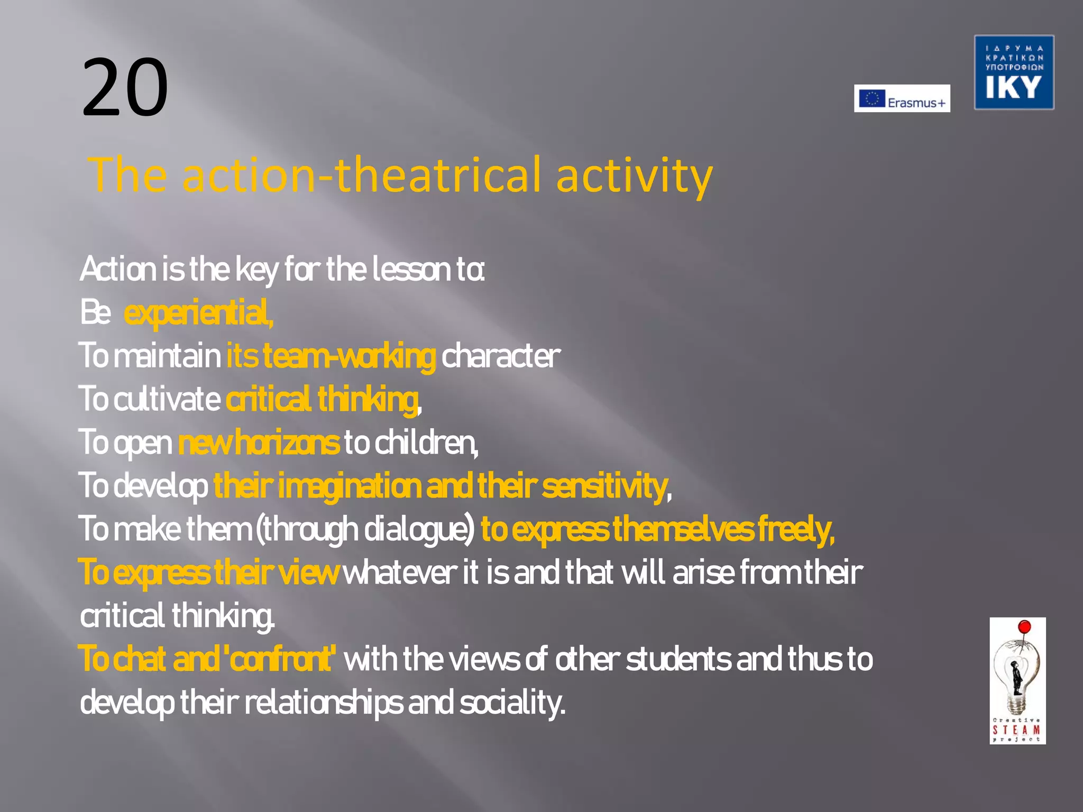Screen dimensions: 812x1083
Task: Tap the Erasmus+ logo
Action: tap(902, 99)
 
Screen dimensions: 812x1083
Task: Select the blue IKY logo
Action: tap(1014, 72)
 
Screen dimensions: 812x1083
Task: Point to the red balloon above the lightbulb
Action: tap(1024, 628)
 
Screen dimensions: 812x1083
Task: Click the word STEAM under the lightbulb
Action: tap(1016, 730)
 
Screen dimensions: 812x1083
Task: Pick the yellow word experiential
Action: tap(198, 312)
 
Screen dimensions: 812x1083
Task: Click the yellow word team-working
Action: tap(349, 356)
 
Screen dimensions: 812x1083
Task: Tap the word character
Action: tap(500, 356)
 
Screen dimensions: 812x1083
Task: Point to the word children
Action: tap(426, 442)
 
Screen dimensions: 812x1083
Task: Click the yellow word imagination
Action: tap(349, 486)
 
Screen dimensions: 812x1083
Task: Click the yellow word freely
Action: tap(796, 529)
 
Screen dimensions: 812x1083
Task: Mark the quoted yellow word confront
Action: tap(280, 659)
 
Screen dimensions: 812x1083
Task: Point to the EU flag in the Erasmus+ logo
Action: tap(871, 98)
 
